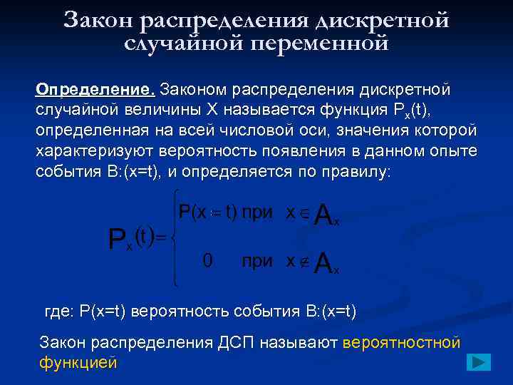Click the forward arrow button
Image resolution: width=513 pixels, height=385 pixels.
[x=479, y=361]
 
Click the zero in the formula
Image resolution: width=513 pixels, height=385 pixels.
[x=207, y=260]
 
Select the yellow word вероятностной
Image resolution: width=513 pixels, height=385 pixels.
[x=402, y=343]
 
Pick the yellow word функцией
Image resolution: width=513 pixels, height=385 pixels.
[x=78, y=362]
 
